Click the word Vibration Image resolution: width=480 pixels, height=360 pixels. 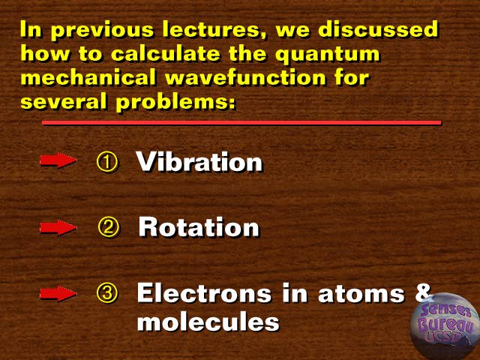coord(199,161)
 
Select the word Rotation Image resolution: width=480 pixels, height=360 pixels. coord(199,226)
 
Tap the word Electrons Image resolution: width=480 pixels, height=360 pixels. coord(204,293)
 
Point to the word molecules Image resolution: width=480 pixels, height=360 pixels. coord(208,322)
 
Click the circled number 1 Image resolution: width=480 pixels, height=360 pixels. coord(106,162)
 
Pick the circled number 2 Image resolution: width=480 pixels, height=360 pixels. coord(109,227)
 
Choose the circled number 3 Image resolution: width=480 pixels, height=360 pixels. coord(106,293)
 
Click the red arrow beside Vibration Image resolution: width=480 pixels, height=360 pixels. coord(58,160)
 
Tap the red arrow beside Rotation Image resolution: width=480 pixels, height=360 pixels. coord(58,227)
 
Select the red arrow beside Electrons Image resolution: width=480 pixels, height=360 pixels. coord(58,293)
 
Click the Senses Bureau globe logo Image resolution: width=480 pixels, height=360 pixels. coord(445,326)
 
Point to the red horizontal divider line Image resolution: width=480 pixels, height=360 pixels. coord(241,123)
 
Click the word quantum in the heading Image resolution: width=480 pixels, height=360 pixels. coord(327,55)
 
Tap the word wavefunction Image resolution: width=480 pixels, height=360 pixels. coord(245,76)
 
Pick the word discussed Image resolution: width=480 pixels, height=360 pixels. coord(378,29)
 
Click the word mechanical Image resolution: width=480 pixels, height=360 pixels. coord(88,76)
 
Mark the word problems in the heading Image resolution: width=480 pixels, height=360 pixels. coord(176,101)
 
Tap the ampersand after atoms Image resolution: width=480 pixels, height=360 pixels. coord(423,292)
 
